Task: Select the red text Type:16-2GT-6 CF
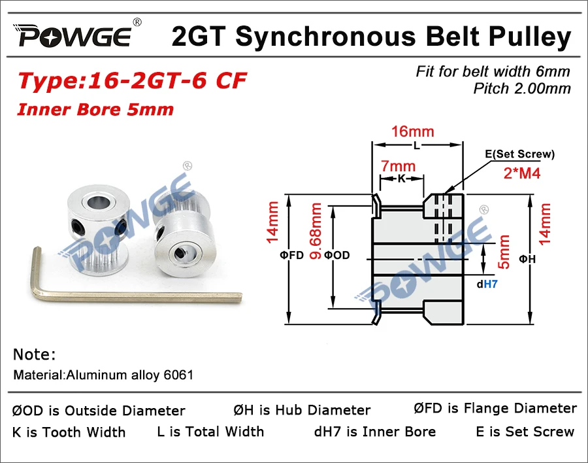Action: (132, 81)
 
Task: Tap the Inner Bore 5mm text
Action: (95, 109)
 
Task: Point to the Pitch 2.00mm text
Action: (522, 89)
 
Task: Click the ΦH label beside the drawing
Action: (527, 259)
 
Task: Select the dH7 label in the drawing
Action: (487, 283)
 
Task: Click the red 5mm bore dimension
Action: (504, 252)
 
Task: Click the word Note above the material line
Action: (34, 355)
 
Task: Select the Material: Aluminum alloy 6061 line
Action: (103, 375)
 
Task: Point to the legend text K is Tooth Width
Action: (69, 432)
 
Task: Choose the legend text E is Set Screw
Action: (525, 432)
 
